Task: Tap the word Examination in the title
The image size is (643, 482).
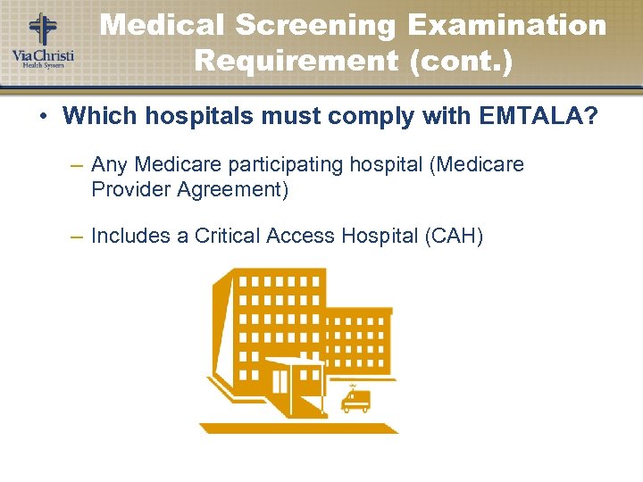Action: pyautogui.click(x=505, y=25)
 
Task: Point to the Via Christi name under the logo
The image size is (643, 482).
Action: pyautogui.click(x=42, y=55)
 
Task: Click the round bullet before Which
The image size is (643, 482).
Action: pyautogui.click(x=42, y=115)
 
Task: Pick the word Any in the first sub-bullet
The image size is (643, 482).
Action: pyautogui.click(x=110, y=165)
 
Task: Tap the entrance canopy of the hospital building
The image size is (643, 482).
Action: pyautogui.click(x=293, y=364)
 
